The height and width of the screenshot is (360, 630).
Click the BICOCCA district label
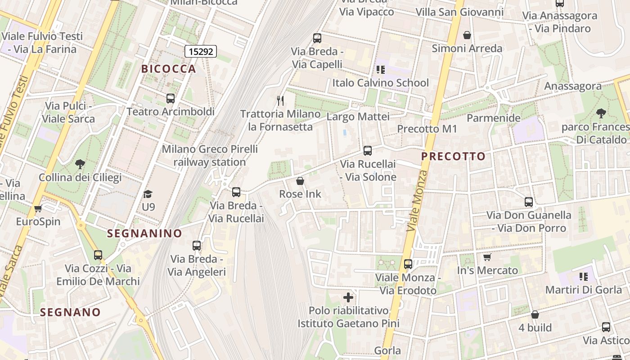click(x=169, y=69)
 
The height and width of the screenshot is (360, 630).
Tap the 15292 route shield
click(x=201, y=51)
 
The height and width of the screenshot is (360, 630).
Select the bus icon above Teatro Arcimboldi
click(x=170, y=99)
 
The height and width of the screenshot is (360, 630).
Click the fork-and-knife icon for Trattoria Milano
click(x=280, y=100)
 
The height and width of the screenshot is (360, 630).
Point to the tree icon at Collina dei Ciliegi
click(x=80, y=164)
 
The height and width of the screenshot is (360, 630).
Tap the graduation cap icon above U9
click(x=148, y=194)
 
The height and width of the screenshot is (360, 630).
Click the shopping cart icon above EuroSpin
click(x=38, y=208)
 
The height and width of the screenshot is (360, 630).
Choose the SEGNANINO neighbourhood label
click(x=144, y=233)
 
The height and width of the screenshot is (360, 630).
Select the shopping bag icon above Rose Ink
click(x=300, y=181)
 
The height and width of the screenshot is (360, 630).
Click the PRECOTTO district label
click(x=454, y=157)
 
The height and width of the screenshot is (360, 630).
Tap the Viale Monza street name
click(x=417, y=201)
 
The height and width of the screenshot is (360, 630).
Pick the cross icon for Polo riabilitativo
click(x=348, y=297)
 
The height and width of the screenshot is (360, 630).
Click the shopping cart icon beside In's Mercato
click(x=487, y=257)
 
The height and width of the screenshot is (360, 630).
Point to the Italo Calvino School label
click(x=381, y=83)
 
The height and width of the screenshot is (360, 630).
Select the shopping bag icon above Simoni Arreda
click(x=467, y=35)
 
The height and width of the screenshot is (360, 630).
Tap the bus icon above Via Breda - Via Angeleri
click(x=197, y=246)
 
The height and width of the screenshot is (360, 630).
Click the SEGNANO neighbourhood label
click(x=70, y=312)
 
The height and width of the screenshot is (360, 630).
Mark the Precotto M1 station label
click(x=427, y=129)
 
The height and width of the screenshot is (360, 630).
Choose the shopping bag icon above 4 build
click(x=535, y=315)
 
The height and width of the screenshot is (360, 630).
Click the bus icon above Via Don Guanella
click(x=529, y=202)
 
